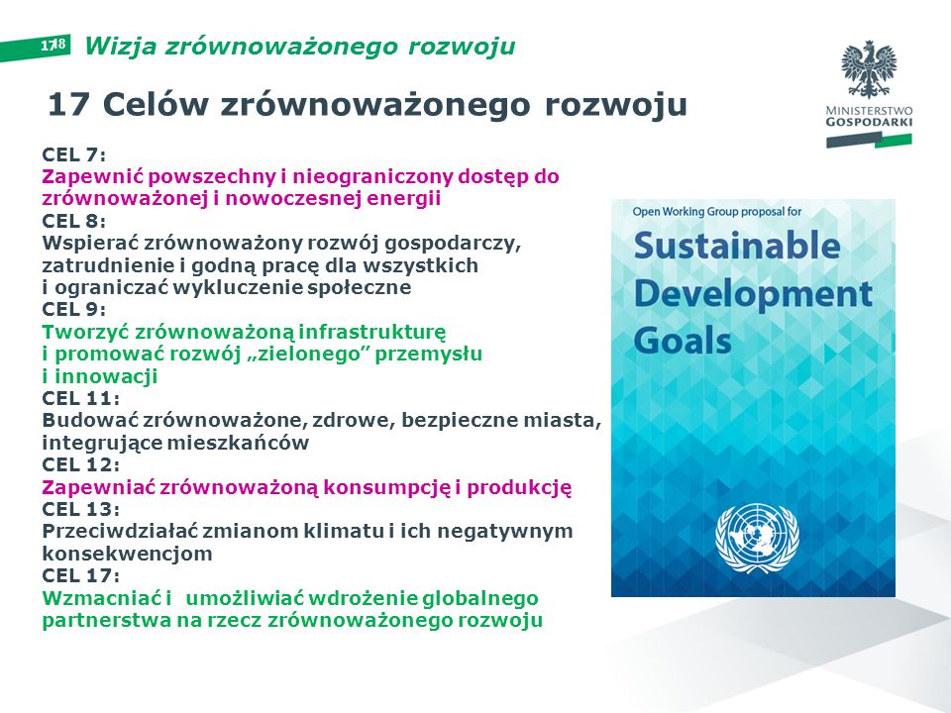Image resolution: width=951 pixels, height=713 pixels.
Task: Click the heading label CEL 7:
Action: pos(74,154)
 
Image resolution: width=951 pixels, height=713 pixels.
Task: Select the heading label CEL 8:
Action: pos(74,221)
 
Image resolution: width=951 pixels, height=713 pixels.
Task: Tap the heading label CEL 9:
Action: pos(74,309)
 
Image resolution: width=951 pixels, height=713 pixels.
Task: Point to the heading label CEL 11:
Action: pos(80,398)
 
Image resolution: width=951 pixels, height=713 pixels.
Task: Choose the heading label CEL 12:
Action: pos(80,464)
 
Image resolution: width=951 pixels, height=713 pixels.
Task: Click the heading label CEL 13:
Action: pos(80,509)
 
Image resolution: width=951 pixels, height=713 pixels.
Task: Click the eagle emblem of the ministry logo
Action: pos(869,69)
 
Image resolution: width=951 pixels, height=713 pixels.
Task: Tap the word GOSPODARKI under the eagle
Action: pos(869,122)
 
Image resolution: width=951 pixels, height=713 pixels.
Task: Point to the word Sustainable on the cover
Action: pos(737,246)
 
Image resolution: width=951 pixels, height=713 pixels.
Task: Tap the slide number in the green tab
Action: pos(53,45)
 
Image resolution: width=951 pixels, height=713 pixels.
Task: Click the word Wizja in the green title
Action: pos(121,47)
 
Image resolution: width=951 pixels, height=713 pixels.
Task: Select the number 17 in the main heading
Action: pos(68,104)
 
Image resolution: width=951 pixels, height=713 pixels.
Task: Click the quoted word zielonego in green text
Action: pos(311,354)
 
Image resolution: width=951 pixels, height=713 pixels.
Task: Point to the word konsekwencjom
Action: pos(128,554)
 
